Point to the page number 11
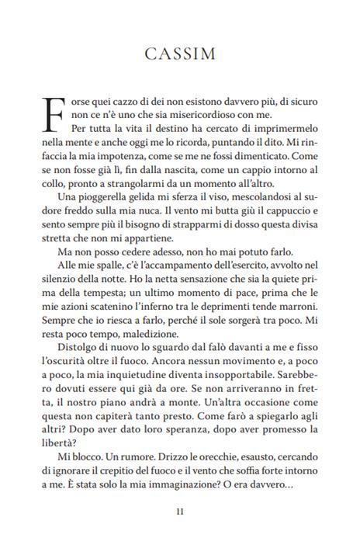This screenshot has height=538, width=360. [x=179, y=511]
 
